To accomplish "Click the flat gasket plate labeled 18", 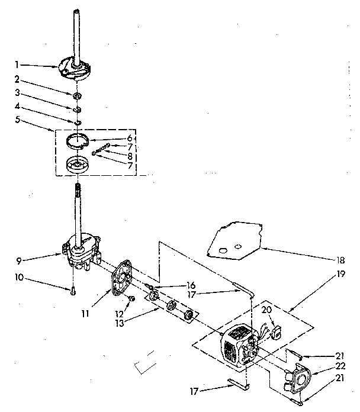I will [233, 240].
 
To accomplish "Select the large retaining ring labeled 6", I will [83, 143].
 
